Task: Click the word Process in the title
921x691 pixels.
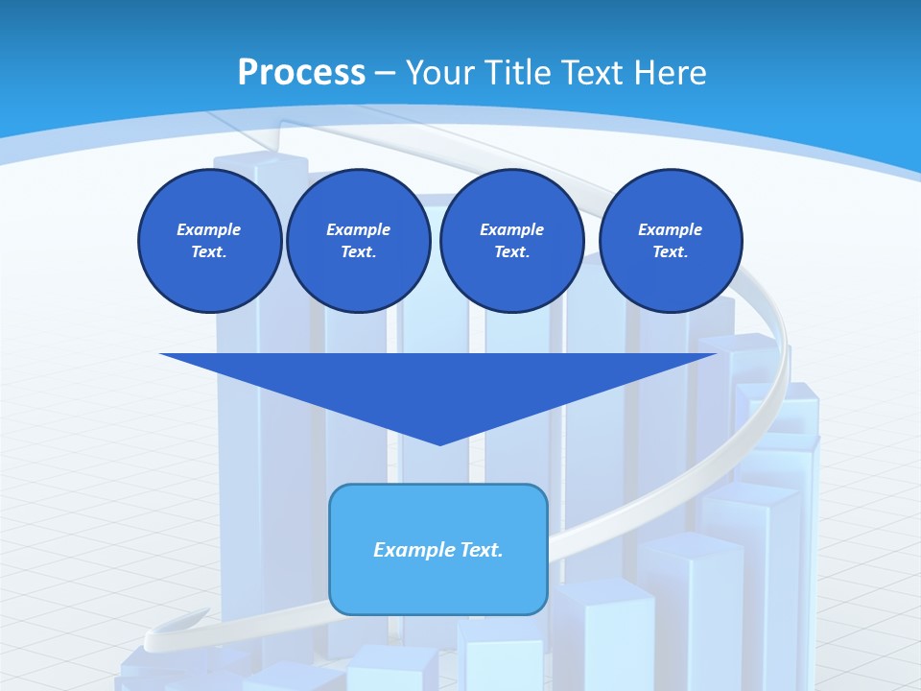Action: coord(301,73)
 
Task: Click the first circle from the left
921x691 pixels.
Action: coord(209,241)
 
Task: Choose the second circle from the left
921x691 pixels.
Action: coord(358,241)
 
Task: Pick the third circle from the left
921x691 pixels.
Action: coord(511,241)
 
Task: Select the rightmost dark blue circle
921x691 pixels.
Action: coord(671,241)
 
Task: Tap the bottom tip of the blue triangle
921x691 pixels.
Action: coord(439,443)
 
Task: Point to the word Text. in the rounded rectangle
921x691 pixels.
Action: coord(480,550)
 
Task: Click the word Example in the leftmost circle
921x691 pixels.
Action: coord(209,229)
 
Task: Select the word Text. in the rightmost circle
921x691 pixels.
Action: coord(671,252)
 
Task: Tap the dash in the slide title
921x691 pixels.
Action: coord(385,73)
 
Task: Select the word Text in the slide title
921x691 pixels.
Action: coord(591,73)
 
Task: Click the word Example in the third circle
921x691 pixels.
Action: coord(511,229)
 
